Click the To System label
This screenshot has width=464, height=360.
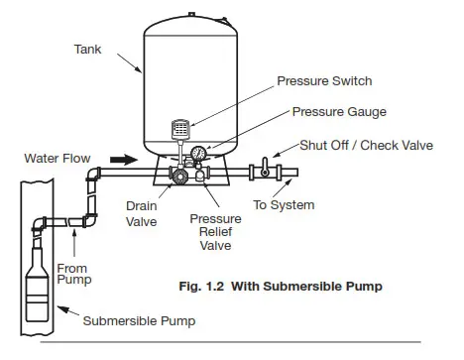click(x=285, y=205)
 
